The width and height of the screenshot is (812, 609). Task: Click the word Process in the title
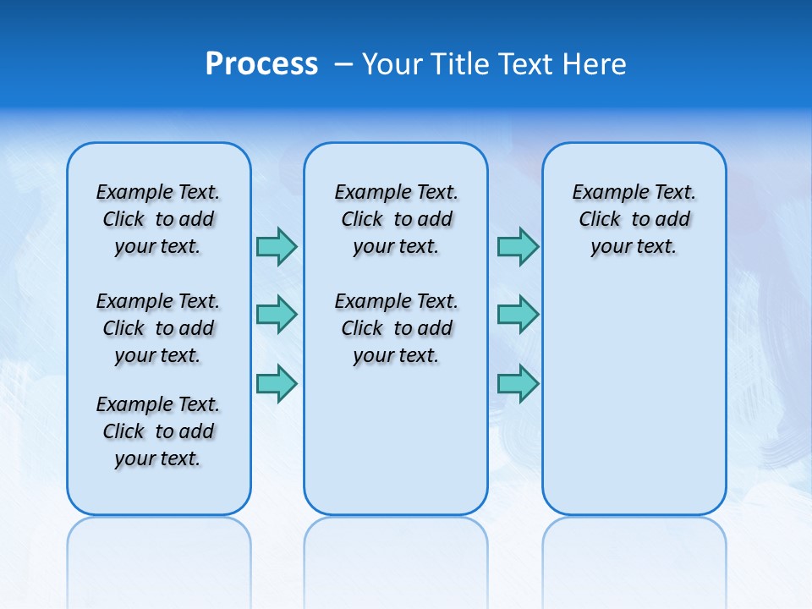click(x=261, y=64)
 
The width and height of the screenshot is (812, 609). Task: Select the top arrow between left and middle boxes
click(x=277, y=246)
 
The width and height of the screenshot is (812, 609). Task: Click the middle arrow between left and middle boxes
click(x=277, y=315)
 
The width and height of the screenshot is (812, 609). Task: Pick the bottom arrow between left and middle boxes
click(x=277, y=383)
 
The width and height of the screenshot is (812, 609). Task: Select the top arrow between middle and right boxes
click(x=518, y=246)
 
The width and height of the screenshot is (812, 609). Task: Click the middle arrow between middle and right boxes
click(x=518, y=315)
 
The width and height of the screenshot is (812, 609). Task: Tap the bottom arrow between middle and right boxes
click(x=518, y=383)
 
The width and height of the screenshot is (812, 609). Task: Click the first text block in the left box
click(x=158, y=219)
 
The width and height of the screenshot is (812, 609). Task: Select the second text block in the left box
click(x=158, y=328)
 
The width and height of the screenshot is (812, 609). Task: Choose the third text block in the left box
click(x=158, y=431)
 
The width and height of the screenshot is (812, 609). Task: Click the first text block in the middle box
click(x=396, y=219)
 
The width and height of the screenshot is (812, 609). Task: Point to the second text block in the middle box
click(x=396, y=328)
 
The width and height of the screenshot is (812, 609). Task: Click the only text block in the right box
click(x=634, y=219)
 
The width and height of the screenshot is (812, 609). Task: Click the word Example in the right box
click(x=605, y=193)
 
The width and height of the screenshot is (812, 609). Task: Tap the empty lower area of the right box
click(x=634, y=389)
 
